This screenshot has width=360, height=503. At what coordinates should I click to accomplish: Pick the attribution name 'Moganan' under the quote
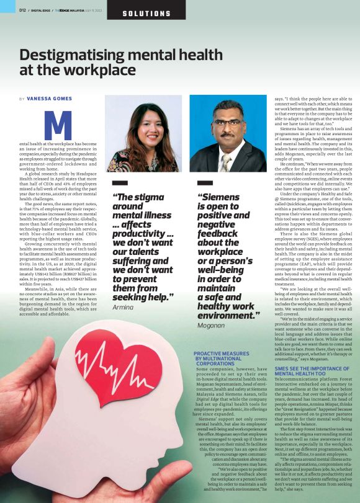(x=212, y=325)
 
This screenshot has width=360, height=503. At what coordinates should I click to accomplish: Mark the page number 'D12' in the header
(x=22, y=10)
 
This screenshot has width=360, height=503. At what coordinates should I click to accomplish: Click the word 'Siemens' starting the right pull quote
(x=218, y=197)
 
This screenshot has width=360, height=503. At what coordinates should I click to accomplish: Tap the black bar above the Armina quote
(x=120, y=183)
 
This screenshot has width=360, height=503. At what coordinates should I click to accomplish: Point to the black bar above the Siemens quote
(x=205, y=183)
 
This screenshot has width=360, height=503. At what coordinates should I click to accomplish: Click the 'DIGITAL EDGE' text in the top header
(x=41, y=10)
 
